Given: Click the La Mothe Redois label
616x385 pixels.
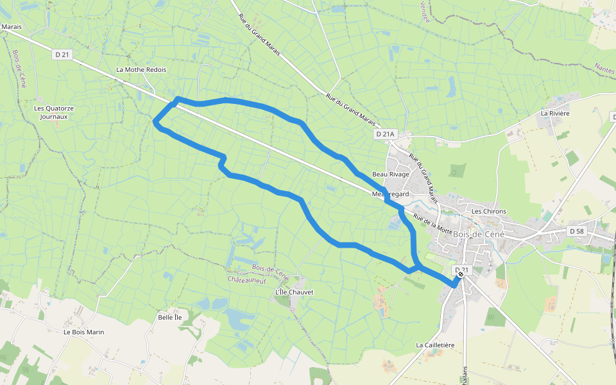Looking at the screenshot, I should [141, 69].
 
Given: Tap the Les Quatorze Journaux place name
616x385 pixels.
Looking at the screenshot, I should [54, 112].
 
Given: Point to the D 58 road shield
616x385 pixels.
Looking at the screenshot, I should [577, 230].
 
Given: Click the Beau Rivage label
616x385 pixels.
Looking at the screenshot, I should [391, 175].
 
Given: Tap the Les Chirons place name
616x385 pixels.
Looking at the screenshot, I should [489, 211].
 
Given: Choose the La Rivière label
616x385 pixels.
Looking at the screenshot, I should [555, 114].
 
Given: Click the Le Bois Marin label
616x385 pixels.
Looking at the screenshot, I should [83, 332].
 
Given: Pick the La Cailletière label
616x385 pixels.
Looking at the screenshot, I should [435, 345].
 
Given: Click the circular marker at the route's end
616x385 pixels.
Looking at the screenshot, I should [461, 275].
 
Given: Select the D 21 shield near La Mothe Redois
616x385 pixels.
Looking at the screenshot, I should [62, 55].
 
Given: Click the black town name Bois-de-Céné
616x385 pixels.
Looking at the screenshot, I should [479, 234].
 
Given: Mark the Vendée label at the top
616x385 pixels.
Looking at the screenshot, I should [424, 12].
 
